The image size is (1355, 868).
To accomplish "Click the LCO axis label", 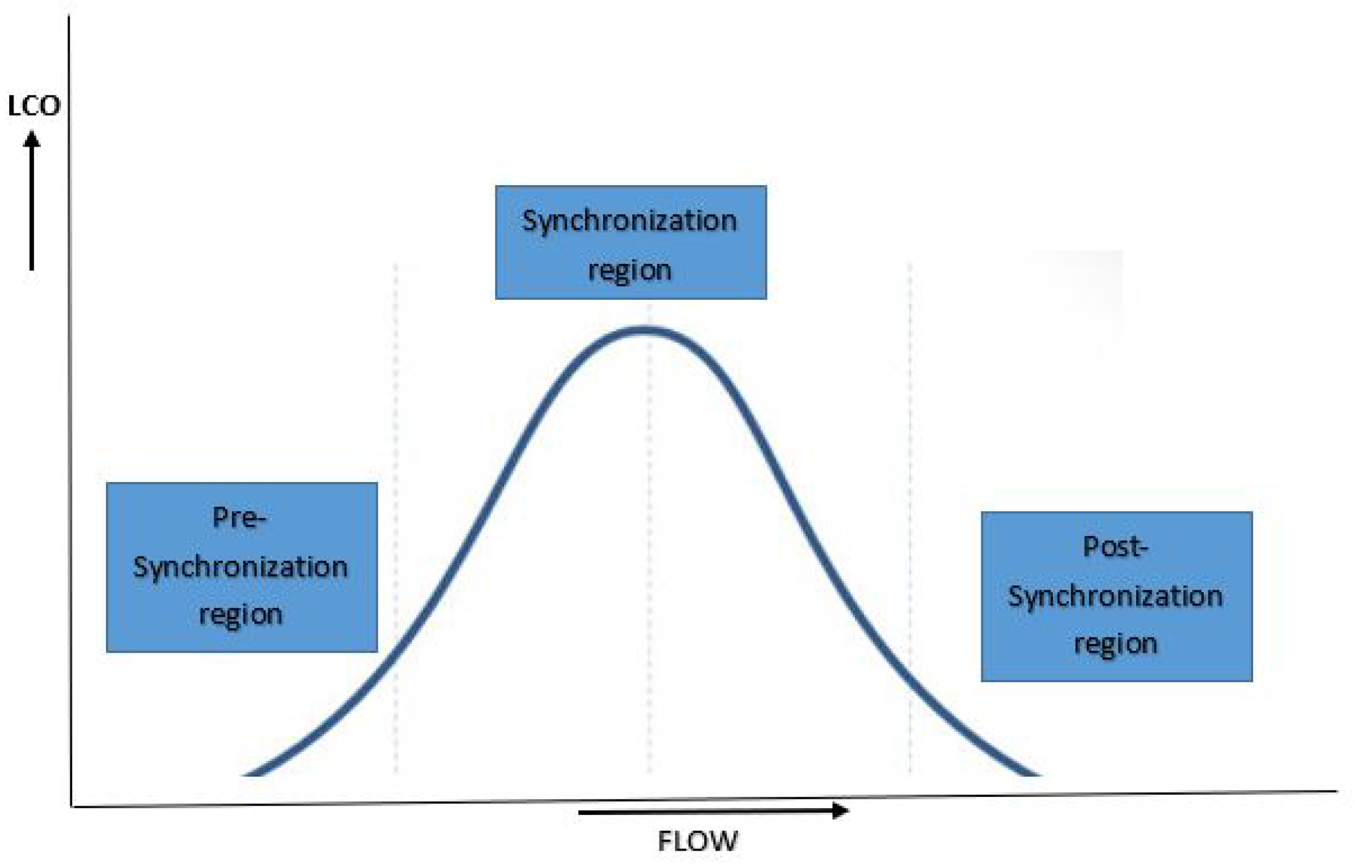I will coord(34,106).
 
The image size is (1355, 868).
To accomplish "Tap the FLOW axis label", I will coord(697,841).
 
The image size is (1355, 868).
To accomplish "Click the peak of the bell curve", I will coord(646,331).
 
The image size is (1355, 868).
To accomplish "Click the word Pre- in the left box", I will coord(239,518).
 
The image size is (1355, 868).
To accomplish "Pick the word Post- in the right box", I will coord(1115,547).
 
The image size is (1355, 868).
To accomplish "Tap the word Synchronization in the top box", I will coord(630,221).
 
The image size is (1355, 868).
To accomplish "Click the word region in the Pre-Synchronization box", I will coord(240,615).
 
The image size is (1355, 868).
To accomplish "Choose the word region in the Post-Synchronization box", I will coord(1115,644).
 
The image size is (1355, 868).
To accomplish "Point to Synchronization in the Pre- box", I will coord(240,567).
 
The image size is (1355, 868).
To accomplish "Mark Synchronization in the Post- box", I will coord(1115,596).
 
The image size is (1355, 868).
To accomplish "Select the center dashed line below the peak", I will coord(650,553).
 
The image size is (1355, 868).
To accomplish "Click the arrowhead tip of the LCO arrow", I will coord(32,134).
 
